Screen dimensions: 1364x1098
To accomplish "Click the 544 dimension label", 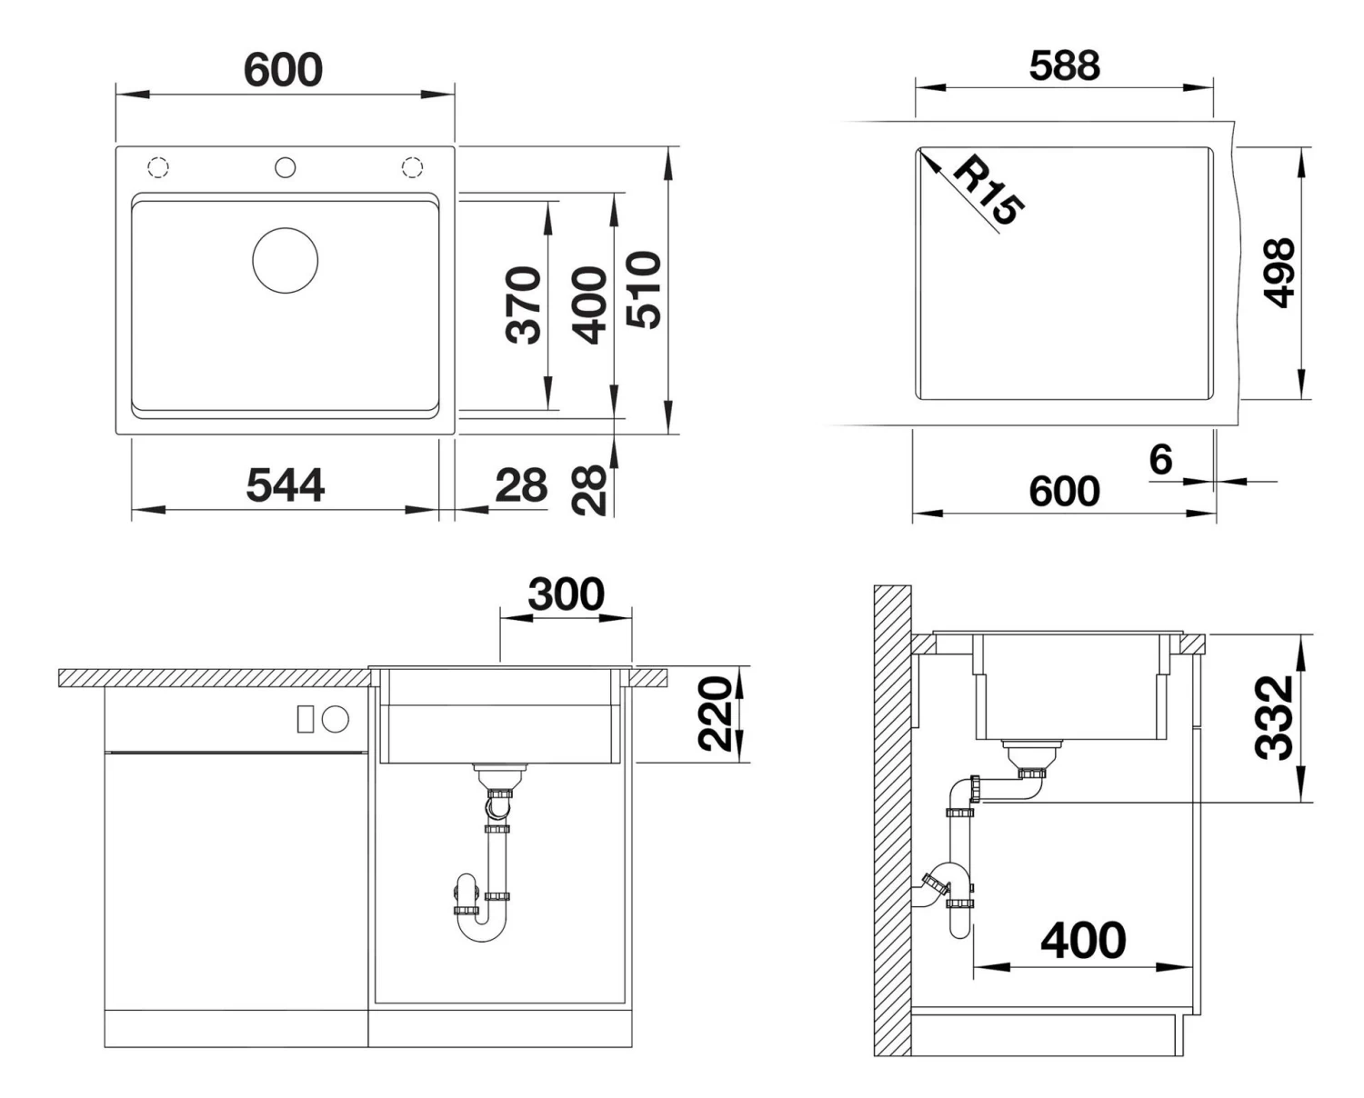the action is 286,485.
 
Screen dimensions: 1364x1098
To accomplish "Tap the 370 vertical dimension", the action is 524,305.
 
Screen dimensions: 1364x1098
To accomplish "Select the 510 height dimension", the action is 643,290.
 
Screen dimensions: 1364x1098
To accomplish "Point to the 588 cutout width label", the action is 1064,65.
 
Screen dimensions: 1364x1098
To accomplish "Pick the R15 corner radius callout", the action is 988,190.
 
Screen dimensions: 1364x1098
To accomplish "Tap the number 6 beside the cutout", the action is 1160,459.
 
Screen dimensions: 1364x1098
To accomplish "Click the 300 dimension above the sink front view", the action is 566,594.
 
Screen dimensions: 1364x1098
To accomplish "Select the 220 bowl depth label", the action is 715,714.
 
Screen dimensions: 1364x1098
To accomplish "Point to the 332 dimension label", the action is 1274,718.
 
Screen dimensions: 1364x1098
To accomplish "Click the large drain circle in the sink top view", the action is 286,260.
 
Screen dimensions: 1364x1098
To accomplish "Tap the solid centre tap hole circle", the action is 286,168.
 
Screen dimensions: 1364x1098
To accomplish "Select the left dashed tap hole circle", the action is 158,168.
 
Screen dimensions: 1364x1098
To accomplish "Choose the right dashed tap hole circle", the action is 413,168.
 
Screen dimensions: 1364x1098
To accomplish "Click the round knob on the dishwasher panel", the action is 336,719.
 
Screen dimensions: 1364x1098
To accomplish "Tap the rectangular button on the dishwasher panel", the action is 306,719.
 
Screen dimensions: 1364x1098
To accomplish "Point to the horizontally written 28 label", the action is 521,485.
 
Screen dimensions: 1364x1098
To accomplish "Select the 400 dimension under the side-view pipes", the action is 1083,940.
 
